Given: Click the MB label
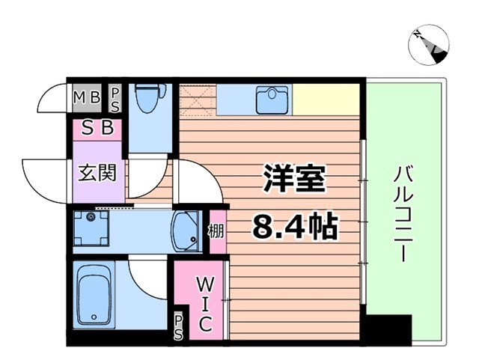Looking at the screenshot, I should [x=88, y=95].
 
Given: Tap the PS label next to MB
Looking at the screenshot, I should [x=116, y=97].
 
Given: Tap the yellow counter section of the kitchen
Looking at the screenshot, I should [x=328, y=98].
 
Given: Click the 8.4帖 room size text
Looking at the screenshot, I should [x=294, y=225].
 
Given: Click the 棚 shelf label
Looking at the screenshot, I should [x=216, y=231].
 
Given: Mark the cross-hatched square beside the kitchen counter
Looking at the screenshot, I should [x=198, y=97].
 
